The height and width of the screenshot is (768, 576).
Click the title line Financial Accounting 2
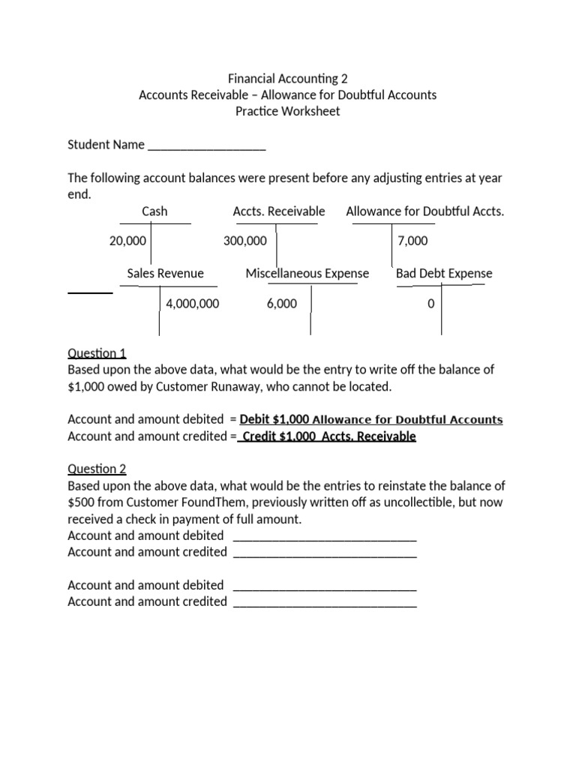(287, 78)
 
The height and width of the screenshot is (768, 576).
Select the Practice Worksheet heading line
(287, 111)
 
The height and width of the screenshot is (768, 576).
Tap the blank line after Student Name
(207, 145)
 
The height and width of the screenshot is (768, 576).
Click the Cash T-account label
(154, 211)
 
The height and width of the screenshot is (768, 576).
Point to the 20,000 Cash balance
(127, 241)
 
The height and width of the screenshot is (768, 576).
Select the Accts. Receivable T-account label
(279, 211)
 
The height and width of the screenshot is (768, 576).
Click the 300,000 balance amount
(244, 241)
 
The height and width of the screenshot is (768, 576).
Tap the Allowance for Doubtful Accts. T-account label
(424, 211)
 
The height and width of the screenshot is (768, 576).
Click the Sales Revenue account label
(165, 274)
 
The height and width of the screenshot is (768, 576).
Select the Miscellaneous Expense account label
(307, 274)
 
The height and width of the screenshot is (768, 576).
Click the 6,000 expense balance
(281, 304)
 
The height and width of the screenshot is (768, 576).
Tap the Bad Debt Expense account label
(444, 274)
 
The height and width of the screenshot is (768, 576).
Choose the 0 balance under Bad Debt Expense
(430, 304)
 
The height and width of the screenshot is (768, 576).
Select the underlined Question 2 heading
(97, 469)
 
